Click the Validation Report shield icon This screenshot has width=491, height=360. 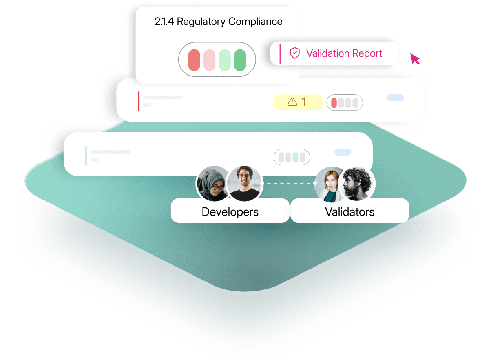tap(294, 53)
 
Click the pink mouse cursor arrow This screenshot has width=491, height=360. tap(414, 58)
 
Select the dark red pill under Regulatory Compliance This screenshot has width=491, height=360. tap(194, 60)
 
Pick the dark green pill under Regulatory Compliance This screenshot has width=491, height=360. tap(240, 60)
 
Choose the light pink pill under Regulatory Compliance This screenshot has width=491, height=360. tap(209, 60)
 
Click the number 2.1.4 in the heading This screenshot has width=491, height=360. tap(164, 22)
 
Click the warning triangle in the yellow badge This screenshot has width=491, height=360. tap(292, 102)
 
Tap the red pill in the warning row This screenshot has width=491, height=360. tap(334, 103)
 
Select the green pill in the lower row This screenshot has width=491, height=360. tap(295, 157)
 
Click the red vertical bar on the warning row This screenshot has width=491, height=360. tap(139, 101)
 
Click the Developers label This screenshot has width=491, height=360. tap(230, 212)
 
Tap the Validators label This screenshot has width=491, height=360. tap(349, 212)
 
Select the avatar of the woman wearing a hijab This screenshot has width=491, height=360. tap(213, 182)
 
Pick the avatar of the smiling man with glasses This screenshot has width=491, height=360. tap(244, 183)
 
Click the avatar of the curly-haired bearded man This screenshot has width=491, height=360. tap(356, 183)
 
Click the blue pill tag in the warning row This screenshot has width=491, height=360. tap(395, 98)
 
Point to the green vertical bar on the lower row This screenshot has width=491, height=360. tap(86, 156)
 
